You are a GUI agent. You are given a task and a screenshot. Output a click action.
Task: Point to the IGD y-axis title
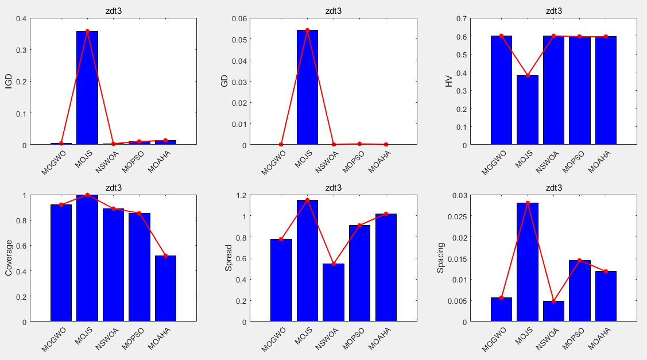9,82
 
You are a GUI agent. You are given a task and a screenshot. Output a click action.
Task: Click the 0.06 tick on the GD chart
239,18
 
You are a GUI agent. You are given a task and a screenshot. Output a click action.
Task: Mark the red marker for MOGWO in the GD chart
281,144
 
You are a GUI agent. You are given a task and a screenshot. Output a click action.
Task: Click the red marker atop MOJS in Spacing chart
528,203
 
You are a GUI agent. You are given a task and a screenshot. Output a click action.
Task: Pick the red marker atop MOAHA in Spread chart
386,214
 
